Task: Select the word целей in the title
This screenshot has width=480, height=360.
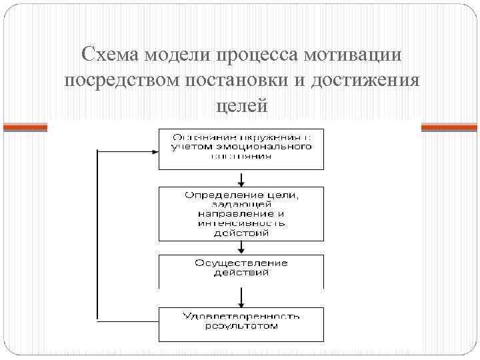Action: tap(241, 105)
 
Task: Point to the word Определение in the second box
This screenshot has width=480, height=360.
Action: tap(217, 195)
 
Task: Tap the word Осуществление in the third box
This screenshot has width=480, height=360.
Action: tap(241, 263)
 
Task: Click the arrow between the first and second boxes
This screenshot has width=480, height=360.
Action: tap(241, 178)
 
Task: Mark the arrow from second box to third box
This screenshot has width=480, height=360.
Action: tap(241, 247)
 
